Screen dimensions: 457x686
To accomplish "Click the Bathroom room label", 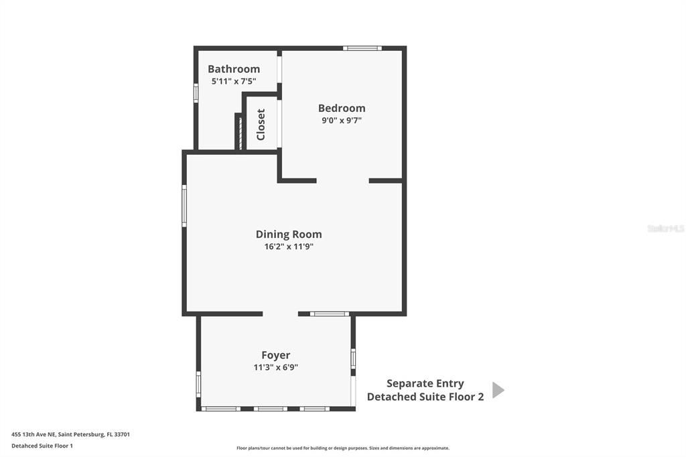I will [233, 69].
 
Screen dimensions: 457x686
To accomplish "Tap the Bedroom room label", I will [342, 108].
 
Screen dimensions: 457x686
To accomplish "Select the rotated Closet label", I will [261, 124].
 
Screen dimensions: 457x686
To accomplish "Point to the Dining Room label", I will [289, 234].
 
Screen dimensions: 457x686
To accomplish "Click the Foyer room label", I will [275, 355].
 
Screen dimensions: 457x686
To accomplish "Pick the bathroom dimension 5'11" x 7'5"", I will [234, 81].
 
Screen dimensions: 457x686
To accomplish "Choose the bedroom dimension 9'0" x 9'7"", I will [342, 121].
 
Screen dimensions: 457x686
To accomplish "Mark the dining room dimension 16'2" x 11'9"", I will [289, 246].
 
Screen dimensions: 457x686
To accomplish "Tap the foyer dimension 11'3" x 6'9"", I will [275, 367].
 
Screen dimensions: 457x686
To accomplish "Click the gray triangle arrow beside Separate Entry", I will [498, 390].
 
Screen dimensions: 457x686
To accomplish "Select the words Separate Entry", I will [425, 383].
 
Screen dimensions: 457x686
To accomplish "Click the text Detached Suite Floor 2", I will [425, 397].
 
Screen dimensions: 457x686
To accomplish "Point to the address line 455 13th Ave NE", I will [70, 434].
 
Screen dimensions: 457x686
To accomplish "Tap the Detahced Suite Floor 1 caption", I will [42, 446].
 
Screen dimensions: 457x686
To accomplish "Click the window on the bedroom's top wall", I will [362, 48].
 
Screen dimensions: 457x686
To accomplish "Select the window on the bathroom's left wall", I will [196, 92].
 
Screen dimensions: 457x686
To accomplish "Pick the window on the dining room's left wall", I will [184, 205].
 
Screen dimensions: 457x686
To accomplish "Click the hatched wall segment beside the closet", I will [238, 132].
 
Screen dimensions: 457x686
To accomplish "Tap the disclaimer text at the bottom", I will [342, 448].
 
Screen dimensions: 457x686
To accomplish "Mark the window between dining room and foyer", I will [330, 314].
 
